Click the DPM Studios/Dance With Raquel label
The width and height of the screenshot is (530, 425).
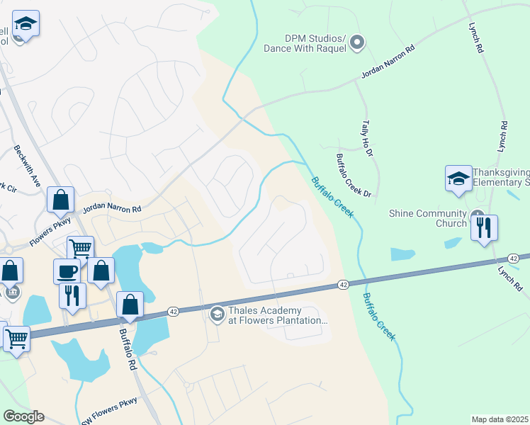click(x=305, y=43)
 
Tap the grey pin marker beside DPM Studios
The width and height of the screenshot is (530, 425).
click(x=358, y=43)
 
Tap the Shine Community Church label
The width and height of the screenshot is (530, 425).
click(x=428, y=218)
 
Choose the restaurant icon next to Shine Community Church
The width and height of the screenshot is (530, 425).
click(x=485, y=228)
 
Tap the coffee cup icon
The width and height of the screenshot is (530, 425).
click(x=67, y=271)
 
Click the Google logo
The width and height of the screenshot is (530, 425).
click(x=23, y=416)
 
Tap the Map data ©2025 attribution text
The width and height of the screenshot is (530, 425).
click(x=500, y=419)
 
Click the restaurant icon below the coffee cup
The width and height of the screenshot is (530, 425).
click(x=72, y=295)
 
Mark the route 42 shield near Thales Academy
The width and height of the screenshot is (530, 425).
click(x=172, y=311)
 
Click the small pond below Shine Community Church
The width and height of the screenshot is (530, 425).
click(x=402, y=254)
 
